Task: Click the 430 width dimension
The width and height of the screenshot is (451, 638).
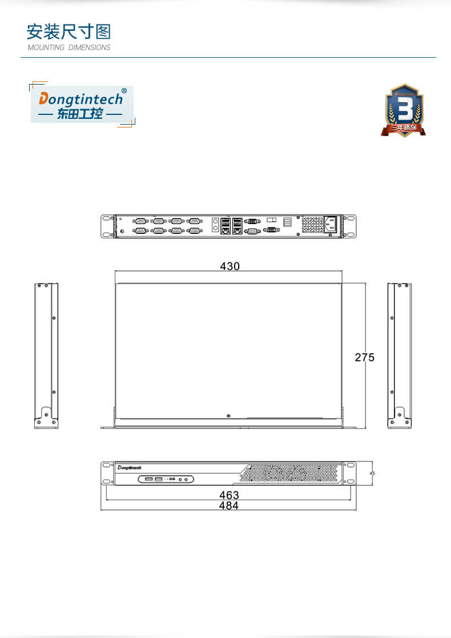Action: click(x=230, y=266)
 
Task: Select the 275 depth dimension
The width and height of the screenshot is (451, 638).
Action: click(x=365, y=357)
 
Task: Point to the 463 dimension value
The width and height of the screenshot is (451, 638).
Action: click(x=229, y=495)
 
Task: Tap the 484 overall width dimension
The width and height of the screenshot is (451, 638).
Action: click(x=229, y=505)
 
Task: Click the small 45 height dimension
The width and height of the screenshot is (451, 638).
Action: click(x=372, y=473)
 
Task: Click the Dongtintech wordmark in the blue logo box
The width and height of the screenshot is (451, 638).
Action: click(x=80, y=99)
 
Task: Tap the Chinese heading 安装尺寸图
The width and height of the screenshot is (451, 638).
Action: click(x=69, y=31)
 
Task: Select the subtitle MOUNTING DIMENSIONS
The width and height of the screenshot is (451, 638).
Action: click(x=69, y=47)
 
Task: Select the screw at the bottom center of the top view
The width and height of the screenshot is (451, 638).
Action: click(x=228, y=416)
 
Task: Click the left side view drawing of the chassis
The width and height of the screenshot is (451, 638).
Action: click(x=46, y=355)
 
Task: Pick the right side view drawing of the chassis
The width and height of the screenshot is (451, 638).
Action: click(x=399, y=355)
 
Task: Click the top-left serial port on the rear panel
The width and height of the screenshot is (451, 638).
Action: click(x=140, y=221)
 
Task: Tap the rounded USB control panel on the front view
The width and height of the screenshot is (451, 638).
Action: click(x=167, y=478)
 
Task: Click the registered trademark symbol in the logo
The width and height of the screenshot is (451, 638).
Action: click(x=124, y=91)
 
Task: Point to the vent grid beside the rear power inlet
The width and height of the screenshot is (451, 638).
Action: click(x=312, y=225)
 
